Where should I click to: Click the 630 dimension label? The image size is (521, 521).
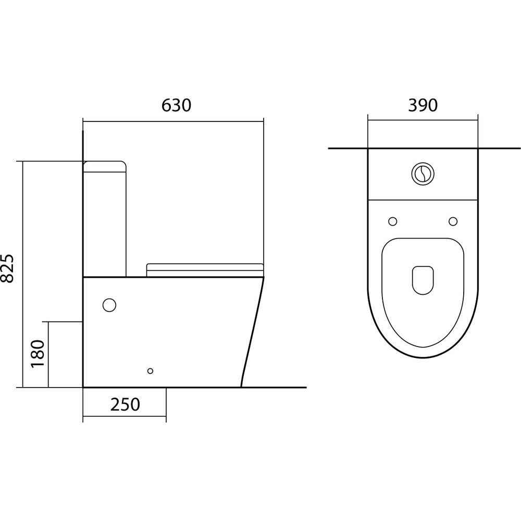pos(177,105)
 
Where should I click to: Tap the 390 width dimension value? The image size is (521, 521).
pos(423,105)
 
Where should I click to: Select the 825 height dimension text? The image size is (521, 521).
pos(7,268)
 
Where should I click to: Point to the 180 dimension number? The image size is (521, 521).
pos(38,354)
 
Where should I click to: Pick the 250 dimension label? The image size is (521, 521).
pos(125,404)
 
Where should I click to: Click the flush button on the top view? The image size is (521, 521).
pos(423,173)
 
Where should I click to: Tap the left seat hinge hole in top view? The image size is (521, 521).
pos(393,221)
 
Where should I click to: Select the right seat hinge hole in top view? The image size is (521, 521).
pos(453,221)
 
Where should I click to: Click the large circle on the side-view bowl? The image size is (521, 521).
pos(109,305)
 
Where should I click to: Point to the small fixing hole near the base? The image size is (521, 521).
pos(150,371)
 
